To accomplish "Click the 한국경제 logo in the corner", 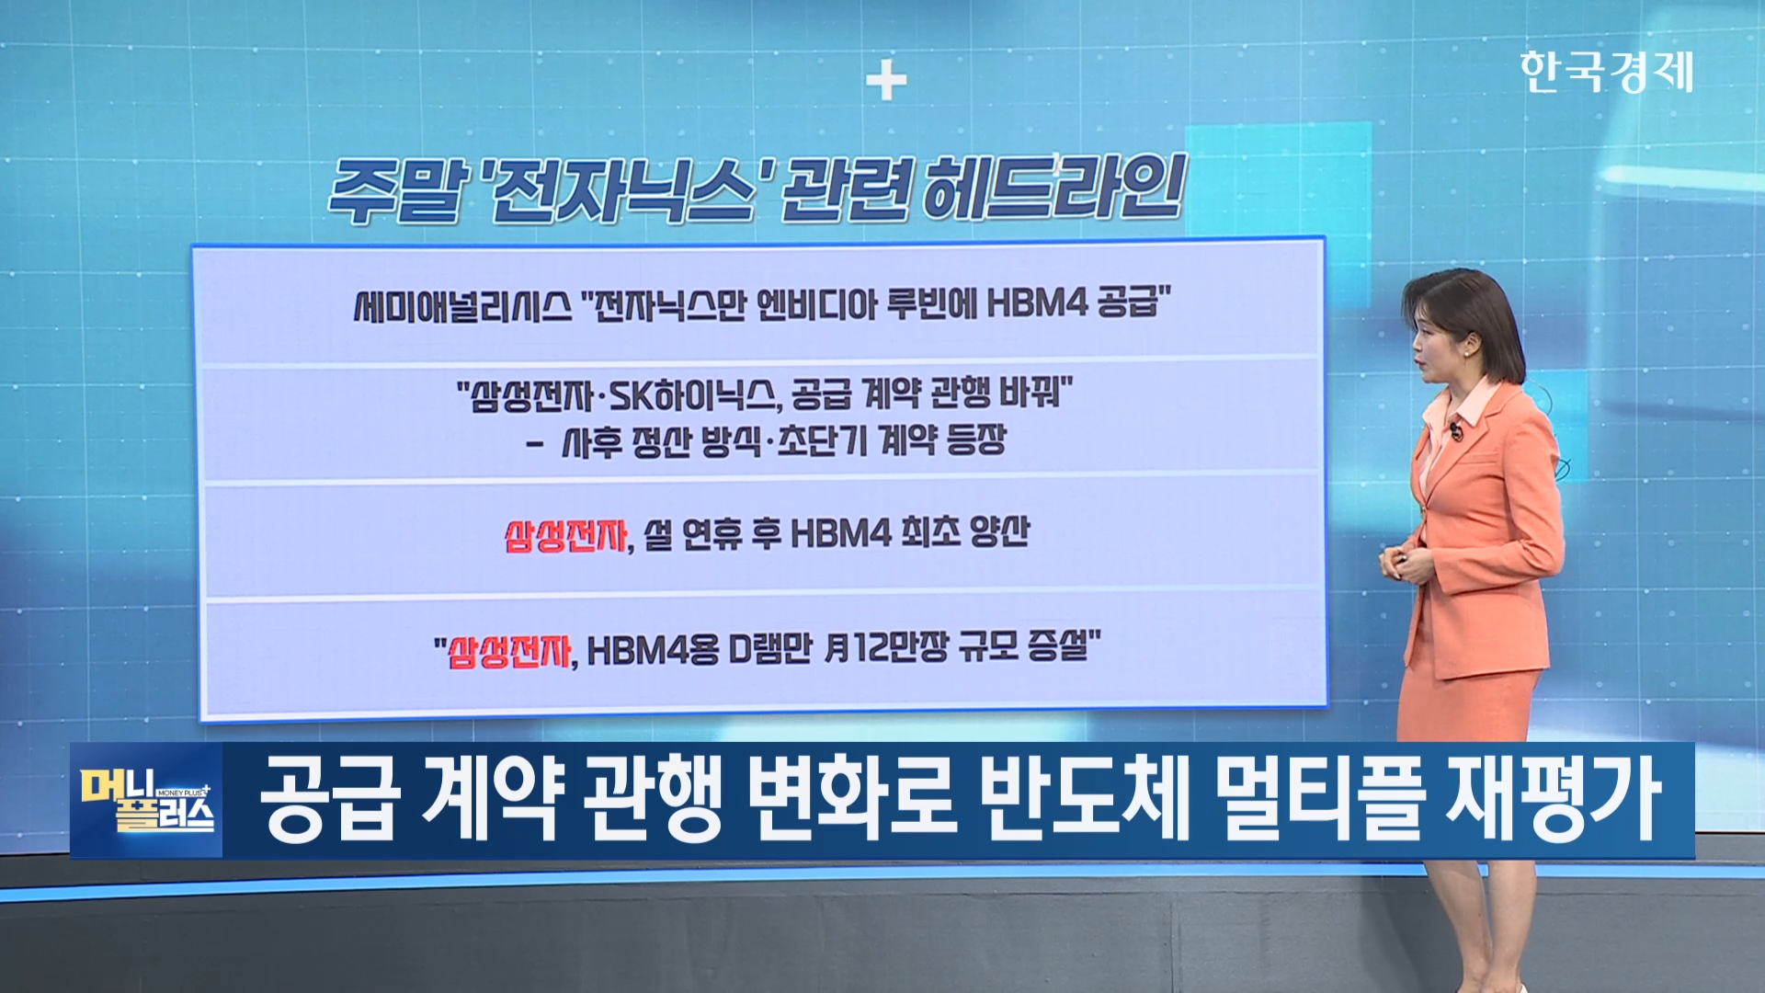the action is (x=1606, y=72).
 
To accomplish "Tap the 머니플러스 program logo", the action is (x=147, y=800).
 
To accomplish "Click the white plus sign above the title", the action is (x=886, y=82).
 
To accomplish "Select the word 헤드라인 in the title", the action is (x=1053, y=188).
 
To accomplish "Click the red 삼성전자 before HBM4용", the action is (x=509, y=652).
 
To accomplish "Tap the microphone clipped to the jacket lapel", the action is (x=1456, y=432).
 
